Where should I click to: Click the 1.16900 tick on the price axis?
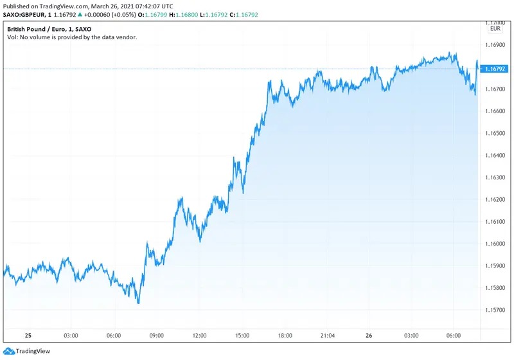[x=495, y=45]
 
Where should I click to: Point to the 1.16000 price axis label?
[x=495, y=244]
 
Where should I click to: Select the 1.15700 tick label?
[x=495, y=310]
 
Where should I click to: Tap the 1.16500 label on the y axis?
[x=495, y=134]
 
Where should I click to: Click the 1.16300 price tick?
[x=495, y=178]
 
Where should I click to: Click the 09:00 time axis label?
[x=157, y=336]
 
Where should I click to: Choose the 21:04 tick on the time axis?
[x=327, y=336]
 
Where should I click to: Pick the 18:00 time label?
[x=285, y=336]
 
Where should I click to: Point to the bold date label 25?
[x=28, y=336]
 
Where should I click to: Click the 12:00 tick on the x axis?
[x=199, y=336]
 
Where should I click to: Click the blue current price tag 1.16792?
[x=495, y=68]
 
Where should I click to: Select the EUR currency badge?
[x=495, y=28]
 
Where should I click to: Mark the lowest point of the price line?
[x=138, y=303]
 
